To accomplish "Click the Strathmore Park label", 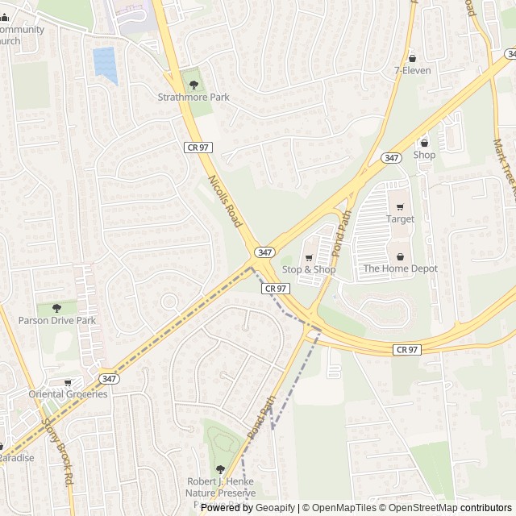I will coord(193,98).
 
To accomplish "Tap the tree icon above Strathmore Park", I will coord(193,83).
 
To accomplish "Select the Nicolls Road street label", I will coord(226,201).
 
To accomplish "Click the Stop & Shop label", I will coord(308,269).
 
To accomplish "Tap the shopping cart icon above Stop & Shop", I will coord(308,257).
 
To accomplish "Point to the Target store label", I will coord(400,219).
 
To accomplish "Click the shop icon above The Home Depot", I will coord(400,256).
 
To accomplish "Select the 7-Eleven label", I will coord(412,70).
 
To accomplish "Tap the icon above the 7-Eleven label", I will coord(413,58).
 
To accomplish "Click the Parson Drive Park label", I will coord(57,321).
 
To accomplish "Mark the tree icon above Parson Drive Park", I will coord(56,308).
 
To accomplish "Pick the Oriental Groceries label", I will coord(68,394).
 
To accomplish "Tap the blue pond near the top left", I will coord(105,64).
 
